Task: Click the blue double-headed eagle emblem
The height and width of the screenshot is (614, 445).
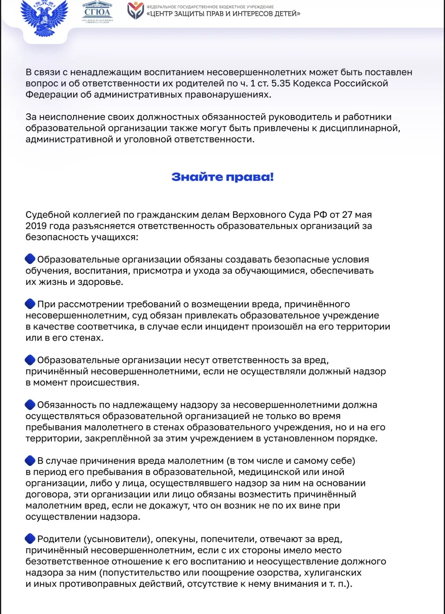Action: pos(44,18)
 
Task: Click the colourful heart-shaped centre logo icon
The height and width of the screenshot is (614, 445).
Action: pos(135,11)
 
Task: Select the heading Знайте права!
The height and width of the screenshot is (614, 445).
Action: pos(222,177)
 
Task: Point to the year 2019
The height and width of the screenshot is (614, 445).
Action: pos(36,226)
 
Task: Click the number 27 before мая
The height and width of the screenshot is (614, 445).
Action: pos(347,215)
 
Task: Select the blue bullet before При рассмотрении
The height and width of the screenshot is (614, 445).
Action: pos(30,304)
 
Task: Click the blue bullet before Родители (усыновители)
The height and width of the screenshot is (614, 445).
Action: pos(30,539)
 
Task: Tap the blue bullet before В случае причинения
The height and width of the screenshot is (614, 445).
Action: pos(30,460)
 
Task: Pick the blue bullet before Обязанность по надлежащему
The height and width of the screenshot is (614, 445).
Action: pos(30,405)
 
